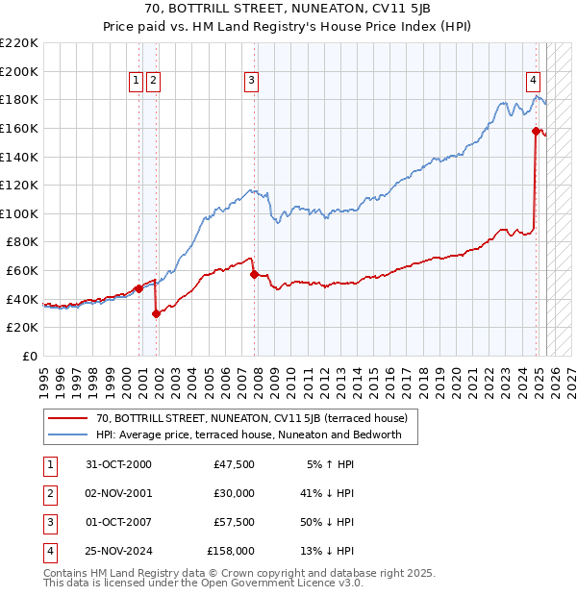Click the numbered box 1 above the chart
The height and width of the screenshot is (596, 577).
coord(136,81)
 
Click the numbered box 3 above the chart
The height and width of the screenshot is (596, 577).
coord(250,81)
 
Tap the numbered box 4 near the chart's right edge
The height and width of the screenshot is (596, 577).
coord(532,81)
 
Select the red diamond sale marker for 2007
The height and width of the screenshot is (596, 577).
coord(254,274)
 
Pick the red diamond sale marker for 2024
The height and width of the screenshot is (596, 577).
coord(536,131)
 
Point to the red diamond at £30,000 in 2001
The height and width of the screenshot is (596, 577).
coord(156,313)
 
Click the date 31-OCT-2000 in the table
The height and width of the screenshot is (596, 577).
coord(119,464)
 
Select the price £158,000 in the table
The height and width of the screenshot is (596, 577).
coord(231,551)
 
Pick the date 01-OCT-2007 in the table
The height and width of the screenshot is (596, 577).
coord(119,522)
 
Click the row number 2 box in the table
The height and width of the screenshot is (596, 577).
coord(48,493)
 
